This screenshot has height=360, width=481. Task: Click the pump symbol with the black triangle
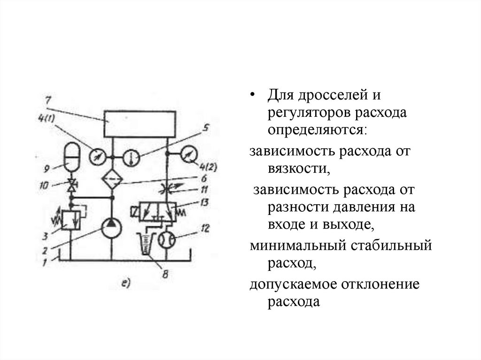pos(112,229)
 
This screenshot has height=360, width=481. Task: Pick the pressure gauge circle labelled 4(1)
pos(98,156)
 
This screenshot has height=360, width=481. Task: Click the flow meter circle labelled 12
pos(167,240)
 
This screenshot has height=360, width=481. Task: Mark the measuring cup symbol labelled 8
pos(146,244)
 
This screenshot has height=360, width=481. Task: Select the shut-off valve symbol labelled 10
pos(72,186)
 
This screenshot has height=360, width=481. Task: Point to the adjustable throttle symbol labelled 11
pos(168,189)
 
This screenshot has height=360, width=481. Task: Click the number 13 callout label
pos(203,203)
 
